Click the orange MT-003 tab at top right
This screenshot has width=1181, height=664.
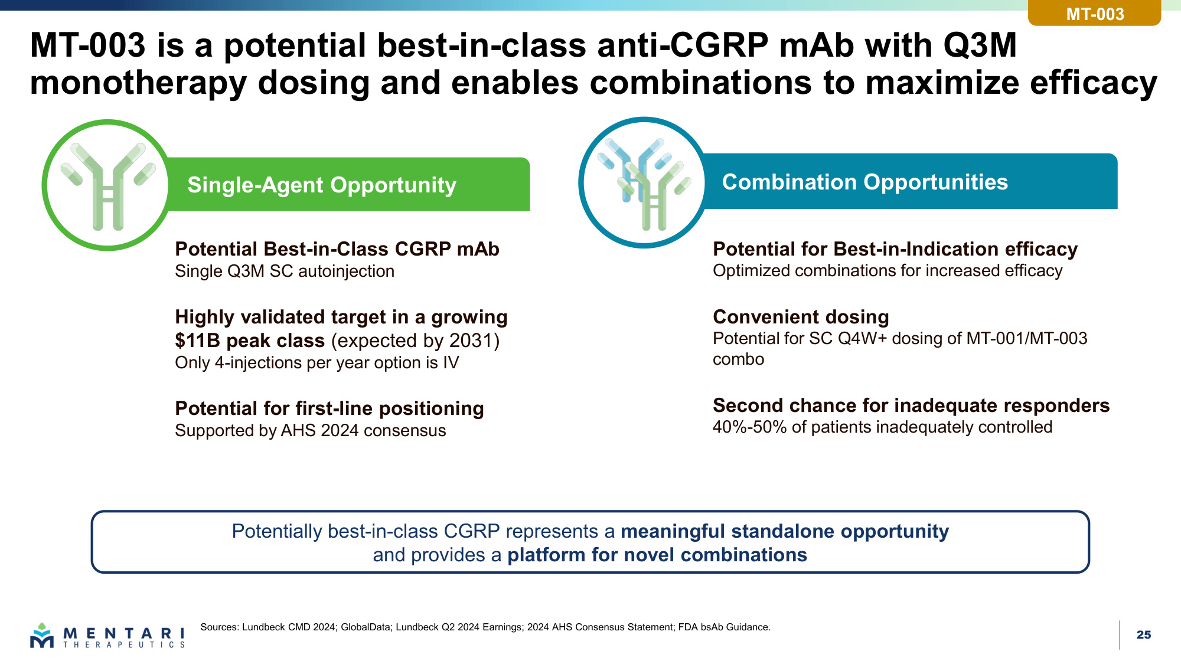coord(1094,13)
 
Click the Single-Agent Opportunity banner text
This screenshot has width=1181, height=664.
coord(322,185)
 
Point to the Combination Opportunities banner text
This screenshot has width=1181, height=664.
coord(865,182)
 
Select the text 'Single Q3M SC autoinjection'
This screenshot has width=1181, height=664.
coord(285,272)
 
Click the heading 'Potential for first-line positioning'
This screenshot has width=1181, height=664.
coord(329,408)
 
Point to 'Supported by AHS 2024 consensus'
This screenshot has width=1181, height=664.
coord(311,431)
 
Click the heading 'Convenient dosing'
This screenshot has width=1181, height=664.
coord(801,317)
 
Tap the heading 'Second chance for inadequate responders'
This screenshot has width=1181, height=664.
coord(911,405)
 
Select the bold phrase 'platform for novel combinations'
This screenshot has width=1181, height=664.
coord(657,555)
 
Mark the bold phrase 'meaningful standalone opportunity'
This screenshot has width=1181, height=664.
coord(785,531)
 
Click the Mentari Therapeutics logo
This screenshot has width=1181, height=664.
coord(107,636)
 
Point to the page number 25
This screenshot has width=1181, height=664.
coord(1144,634)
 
